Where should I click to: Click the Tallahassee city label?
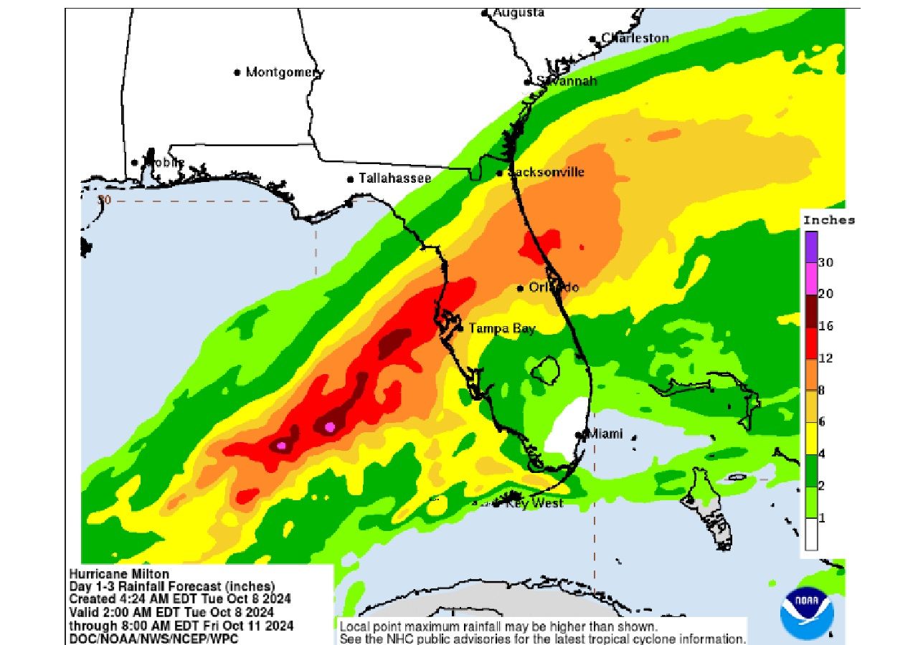[395, 178]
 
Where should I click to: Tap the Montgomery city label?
[284, 72]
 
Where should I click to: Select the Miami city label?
[605, 434]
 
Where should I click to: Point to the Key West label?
[534, 503]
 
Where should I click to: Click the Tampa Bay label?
[502, 328]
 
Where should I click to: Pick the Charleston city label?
[635, 38]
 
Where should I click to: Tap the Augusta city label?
[518, 13]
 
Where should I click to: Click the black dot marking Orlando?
[521, 288]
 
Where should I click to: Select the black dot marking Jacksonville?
[500, 173]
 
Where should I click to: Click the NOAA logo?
[808, 613]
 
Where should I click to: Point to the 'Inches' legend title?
[828, 220]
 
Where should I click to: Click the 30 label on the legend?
[825, 262]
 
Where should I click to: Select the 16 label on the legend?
[825, 325]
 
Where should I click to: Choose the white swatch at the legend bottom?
[811, 535]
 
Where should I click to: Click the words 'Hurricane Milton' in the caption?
[119, 573]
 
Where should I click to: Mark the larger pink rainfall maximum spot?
[330, 426]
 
